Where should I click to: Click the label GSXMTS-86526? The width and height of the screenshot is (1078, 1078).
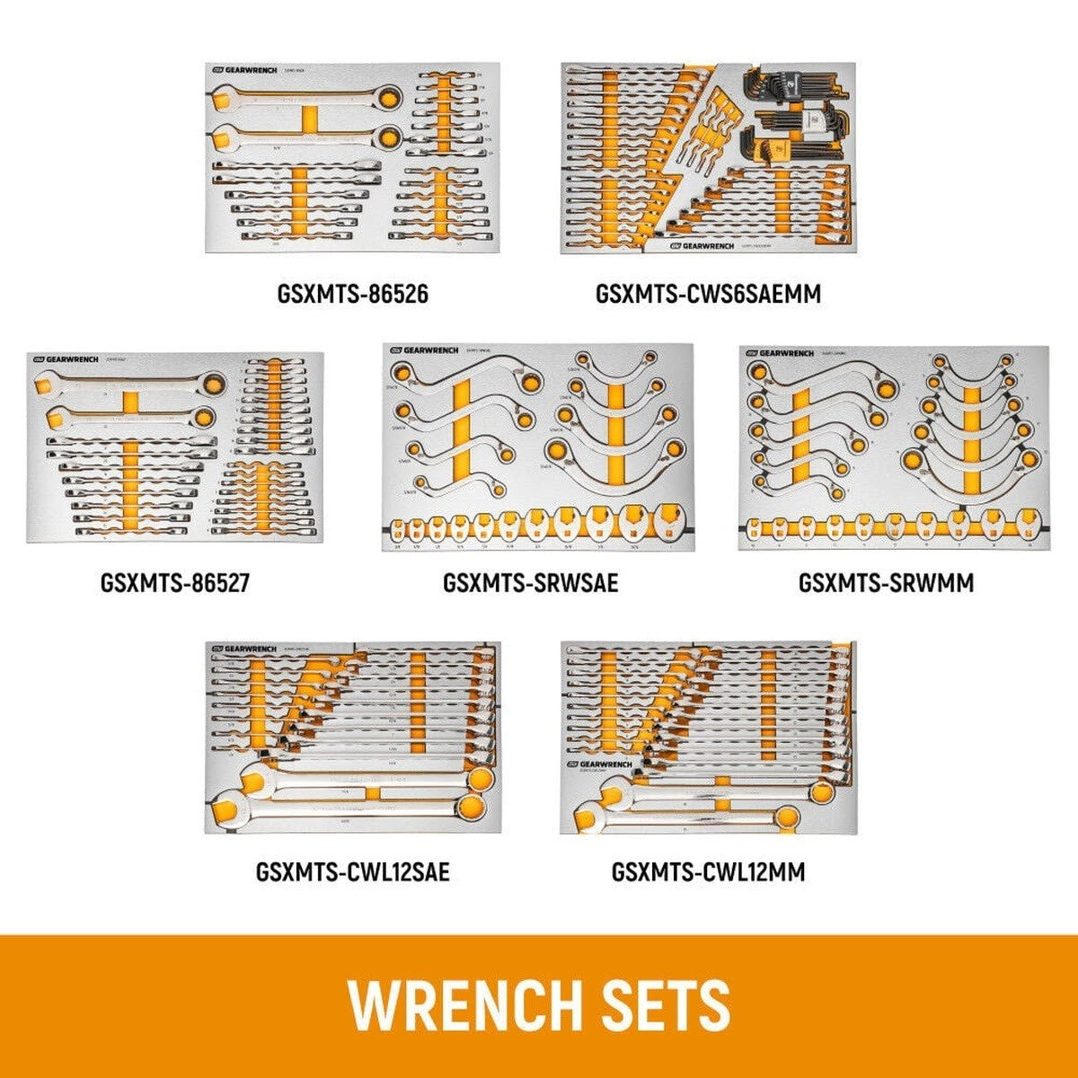353,293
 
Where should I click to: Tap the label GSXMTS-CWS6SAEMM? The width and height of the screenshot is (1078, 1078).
708,293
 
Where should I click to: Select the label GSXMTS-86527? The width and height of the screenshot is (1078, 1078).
174,582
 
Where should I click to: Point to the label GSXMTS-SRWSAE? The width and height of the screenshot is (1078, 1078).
530,582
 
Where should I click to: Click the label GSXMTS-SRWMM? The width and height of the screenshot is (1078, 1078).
886,582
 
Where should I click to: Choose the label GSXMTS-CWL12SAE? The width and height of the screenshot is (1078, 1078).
352,870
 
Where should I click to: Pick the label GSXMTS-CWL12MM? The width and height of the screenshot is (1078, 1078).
708,870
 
